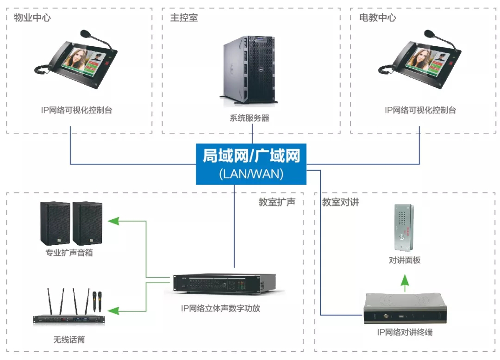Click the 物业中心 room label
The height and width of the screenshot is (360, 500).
32,18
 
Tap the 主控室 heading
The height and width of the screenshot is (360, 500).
184,18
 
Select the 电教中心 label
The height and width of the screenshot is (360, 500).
378,18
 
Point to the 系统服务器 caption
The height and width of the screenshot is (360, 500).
250,118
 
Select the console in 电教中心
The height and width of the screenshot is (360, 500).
419,60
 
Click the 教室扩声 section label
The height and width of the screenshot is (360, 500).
277,202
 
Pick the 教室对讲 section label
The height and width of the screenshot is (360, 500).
341,202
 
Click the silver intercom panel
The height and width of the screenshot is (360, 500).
404,227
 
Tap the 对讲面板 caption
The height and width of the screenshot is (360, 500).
405,260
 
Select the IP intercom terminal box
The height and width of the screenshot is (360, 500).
405,310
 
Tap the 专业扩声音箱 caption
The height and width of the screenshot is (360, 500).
69,253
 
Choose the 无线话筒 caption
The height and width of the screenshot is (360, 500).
69,340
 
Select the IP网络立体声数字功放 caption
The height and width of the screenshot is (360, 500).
220,308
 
